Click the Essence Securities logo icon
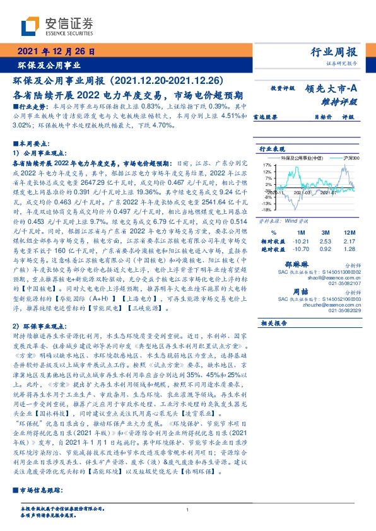point(31,26)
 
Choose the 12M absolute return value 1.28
point(350,250)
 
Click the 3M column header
point(326,233)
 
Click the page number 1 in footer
point(188,510)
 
